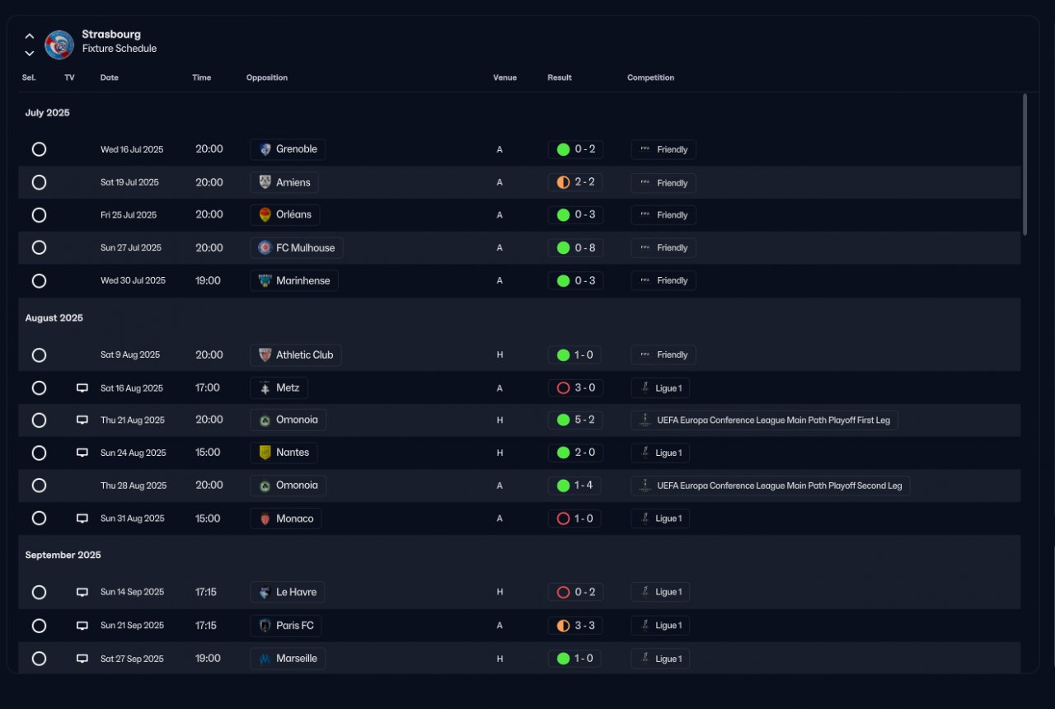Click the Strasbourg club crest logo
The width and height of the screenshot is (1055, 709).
(x=59, y=45)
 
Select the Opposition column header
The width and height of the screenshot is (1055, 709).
(x=267, y=77)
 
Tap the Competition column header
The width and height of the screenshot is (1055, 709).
(x=650, y=77)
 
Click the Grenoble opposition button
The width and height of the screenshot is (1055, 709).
(x=288, y=149)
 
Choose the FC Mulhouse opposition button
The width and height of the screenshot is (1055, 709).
(x=297, y=248)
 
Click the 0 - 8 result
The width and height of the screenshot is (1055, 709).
(x=575, y=248)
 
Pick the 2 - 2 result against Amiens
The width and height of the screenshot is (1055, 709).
(x=575, y=182)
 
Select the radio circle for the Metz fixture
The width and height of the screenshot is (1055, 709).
(x=39, y=387)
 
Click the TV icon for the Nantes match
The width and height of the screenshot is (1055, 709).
(x=82, y=453)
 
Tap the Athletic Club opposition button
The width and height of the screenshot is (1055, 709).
(x=296, y=355)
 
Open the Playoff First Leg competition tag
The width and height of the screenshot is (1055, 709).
(x=764, y=420)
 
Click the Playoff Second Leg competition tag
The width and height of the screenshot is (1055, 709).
(x=770, y=486)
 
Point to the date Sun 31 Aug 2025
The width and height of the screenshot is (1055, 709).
(x=133, y=519)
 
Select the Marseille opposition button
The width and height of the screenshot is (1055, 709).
(x=288, y=659)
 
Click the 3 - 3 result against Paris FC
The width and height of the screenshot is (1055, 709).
(x=575, y=626)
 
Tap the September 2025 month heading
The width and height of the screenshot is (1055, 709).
(x=63, y=555)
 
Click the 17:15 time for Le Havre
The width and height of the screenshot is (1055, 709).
(x=206, y=592)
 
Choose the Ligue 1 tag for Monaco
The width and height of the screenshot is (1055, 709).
(x=660, y=519)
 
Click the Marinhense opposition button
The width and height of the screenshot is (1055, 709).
(x=294, y=281)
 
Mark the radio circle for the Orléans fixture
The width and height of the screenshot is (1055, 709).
(x=39, y=215)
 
